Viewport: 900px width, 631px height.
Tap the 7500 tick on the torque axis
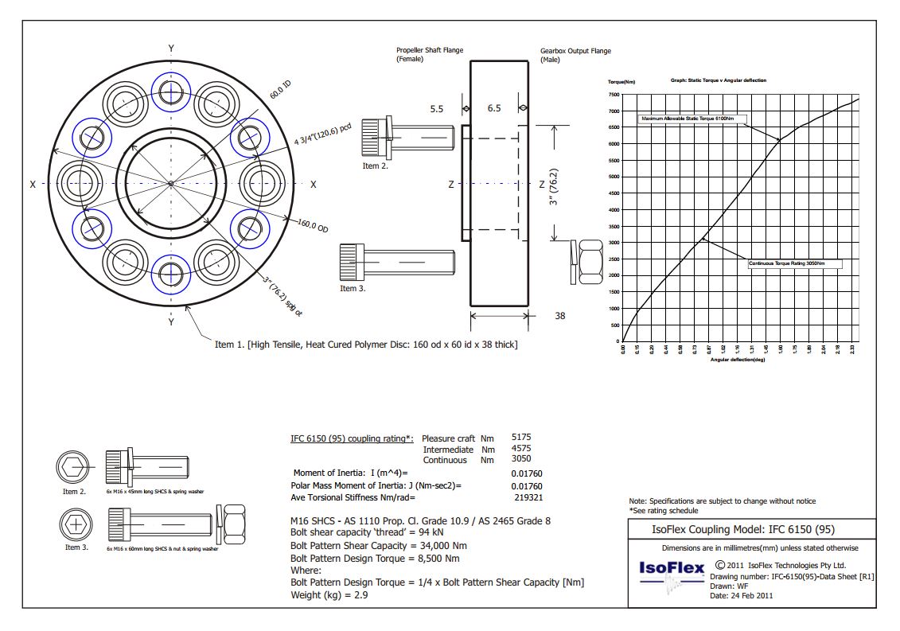[x=613, y=94]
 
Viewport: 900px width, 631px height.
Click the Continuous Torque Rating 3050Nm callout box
[x=793, y=263]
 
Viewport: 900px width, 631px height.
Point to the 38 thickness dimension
[x=560, y=316]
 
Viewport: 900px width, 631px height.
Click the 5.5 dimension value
[x=436, y=108]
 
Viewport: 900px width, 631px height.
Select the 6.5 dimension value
[x=493, y=108]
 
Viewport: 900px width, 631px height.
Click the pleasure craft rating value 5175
[x=521, y=438]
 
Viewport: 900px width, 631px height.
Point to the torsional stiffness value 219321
[x=528, y=497]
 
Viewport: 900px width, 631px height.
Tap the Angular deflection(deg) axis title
[x=738, y=360]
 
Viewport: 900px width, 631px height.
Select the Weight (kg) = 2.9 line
[x=329, y=594]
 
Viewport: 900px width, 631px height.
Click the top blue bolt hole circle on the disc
[x=171, y=92]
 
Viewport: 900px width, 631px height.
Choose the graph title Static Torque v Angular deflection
[x=719, y=80]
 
